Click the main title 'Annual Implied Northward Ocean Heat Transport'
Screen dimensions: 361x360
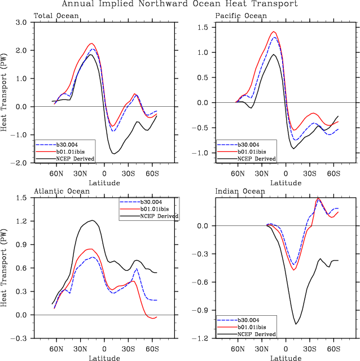pos(179,5)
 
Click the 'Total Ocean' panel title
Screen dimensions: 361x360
pos(56,16)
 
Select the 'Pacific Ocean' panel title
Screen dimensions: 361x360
pos(241,16)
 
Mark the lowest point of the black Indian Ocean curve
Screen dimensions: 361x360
pos(296,324)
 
